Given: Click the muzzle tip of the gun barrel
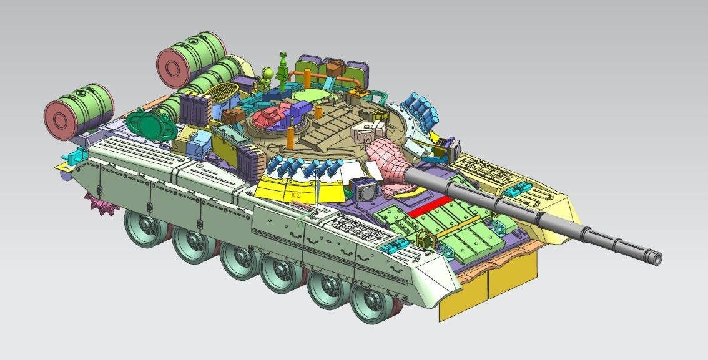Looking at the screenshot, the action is point(657,259).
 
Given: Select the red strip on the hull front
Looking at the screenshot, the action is point(430,207).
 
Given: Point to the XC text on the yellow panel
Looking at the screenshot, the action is point(296,195).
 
